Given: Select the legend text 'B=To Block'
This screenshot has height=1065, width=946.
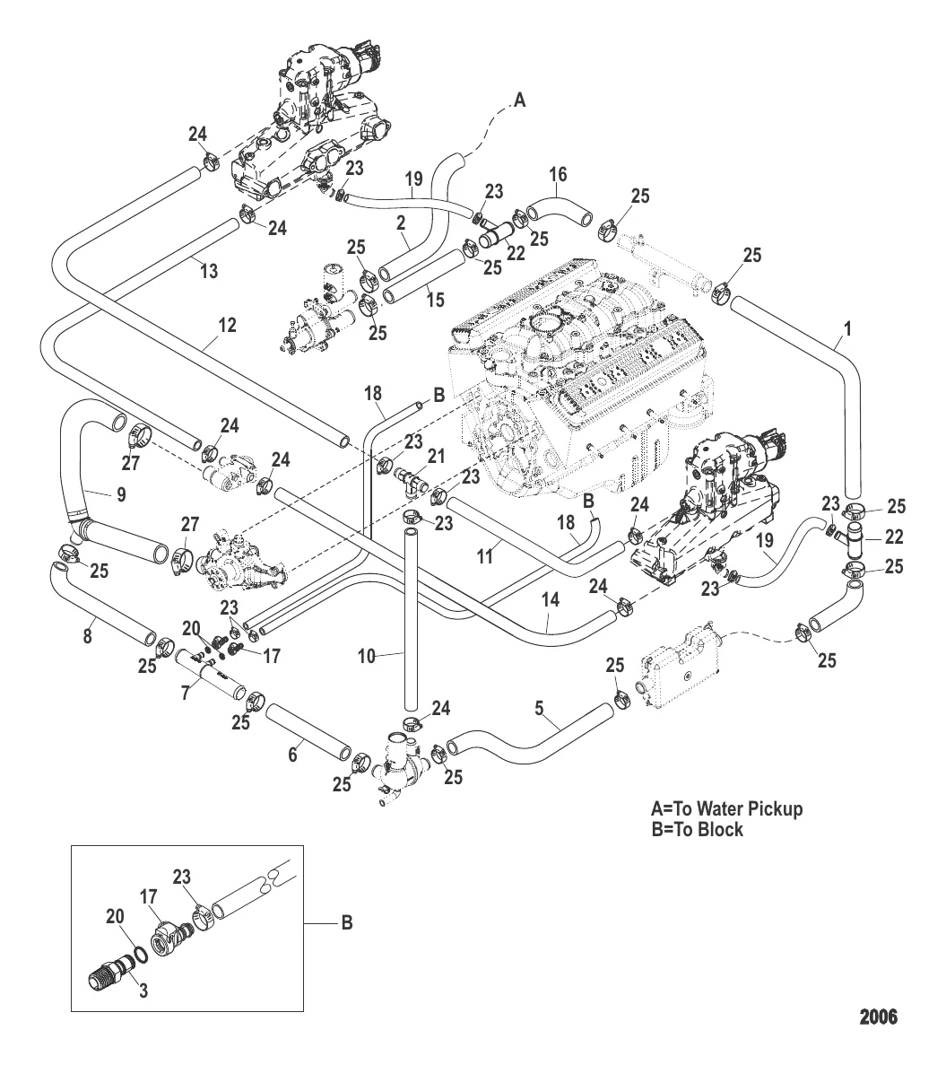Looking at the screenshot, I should (697, 830).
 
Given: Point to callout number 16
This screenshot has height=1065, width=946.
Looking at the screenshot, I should (558, 174).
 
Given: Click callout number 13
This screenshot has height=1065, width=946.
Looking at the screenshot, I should (209, 271).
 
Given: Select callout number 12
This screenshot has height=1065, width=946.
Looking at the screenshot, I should (228, 325).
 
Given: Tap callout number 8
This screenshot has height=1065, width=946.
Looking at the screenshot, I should (87, 636).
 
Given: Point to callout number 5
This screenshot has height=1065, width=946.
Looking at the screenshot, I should (540, 709).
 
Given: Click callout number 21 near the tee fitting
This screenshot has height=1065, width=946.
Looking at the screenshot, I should (436, 457).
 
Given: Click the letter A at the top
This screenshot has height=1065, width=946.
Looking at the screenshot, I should (518, 103).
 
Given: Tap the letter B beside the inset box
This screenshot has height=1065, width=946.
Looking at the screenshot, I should (346, 922).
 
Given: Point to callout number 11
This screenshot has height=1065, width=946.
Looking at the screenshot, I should (485, 556).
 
